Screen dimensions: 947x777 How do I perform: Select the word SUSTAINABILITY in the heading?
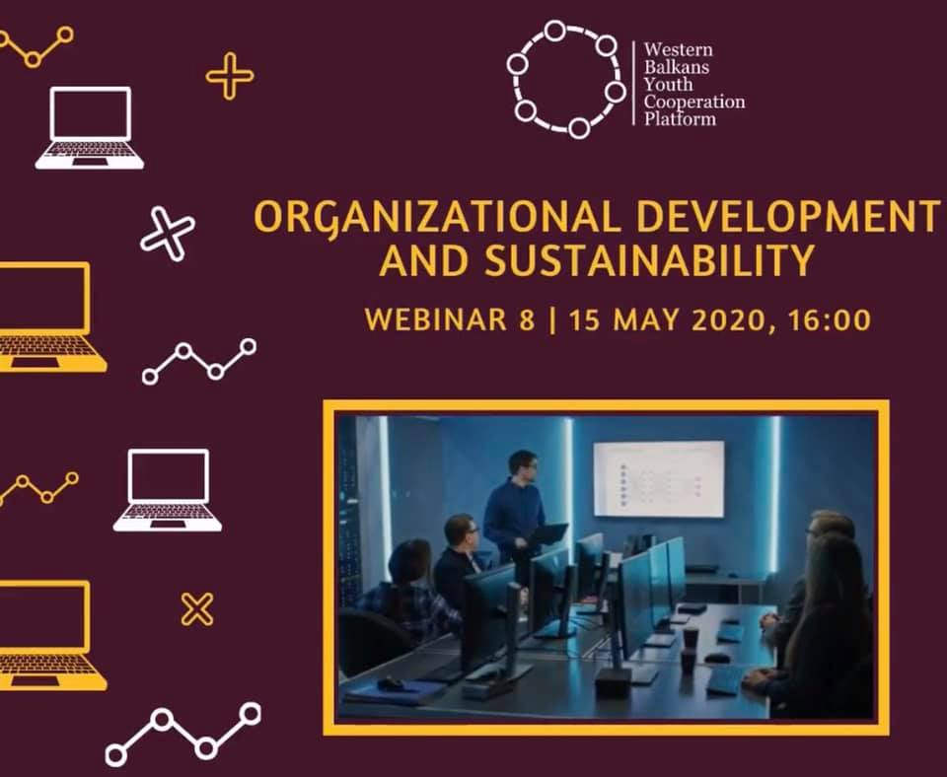click(x=649, y=260)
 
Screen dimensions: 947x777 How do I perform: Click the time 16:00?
click(x=830, y=319)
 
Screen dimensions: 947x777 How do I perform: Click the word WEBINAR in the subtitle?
click(x=435, y=319)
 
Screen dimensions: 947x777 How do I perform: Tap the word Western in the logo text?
click(x=679, y=49)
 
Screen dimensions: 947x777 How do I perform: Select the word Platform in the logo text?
click(x=680, y=118)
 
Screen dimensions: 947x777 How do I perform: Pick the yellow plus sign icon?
click(x=230, y=76)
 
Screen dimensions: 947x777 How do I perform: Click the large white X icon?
click(x=168, y=235)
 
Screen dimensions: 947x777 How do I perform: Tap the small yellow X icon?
click(x=197, y=609)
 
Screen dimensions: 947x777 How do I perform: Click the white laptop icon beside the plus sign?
click(x=90, y=128)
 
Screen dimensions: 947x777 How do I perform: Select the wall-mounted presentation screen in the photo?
click(x=658, y=479)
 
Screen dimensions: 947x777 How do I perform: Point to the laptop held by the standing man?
click(x=547, y=533)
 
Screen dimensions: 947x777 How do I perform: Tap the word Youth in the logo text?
click(x=668, y=84)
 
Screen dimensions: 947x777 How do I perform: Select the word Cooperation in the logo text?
click(x=694, y=102)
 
